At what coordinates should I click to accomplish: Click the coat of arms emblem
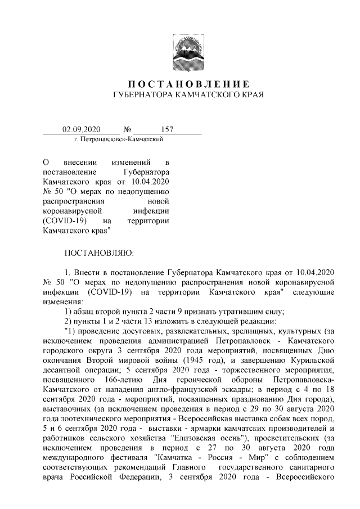point(188,52)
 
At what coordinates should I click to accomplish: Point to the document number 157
point(167,130)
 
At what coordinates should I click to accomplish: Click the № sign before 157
point(134,130)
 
